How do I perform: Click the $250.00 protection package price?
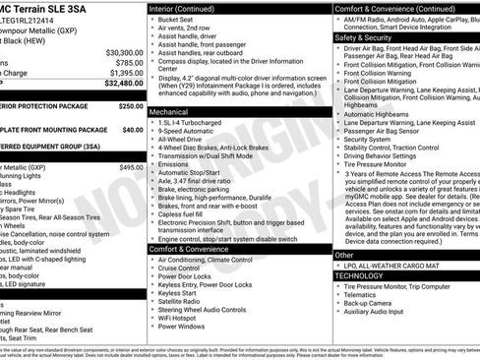130,105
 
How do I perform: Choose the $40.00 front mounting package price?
132,129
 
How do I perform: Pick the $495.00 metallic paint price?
131,167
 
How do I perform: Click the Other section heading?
345,254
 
